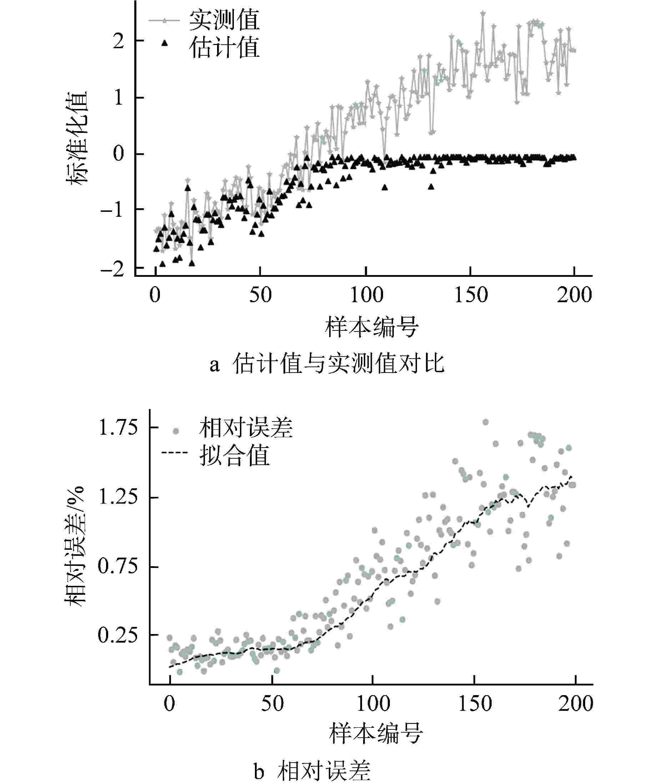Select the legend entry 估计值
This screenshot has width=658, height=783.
click(224, 48)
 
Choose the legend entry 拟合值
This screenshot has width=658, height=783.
click(234, 456)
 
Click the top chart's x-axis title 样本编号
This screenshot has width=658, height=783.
click(372, 326)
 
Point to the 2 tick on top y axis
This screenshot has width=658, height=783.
click(119, 41)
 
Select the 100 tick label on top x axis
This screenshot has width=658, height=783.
click(366, 295)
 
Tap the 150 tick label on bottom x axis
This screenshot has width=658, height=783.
click(474, 703)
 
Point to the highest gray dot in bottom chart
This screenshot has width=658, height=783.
click(485, 422)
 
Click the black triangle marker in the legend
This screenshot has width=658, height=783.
click(164, 44)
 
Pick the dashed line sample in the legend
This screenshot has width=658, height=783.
click(174, 453)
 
